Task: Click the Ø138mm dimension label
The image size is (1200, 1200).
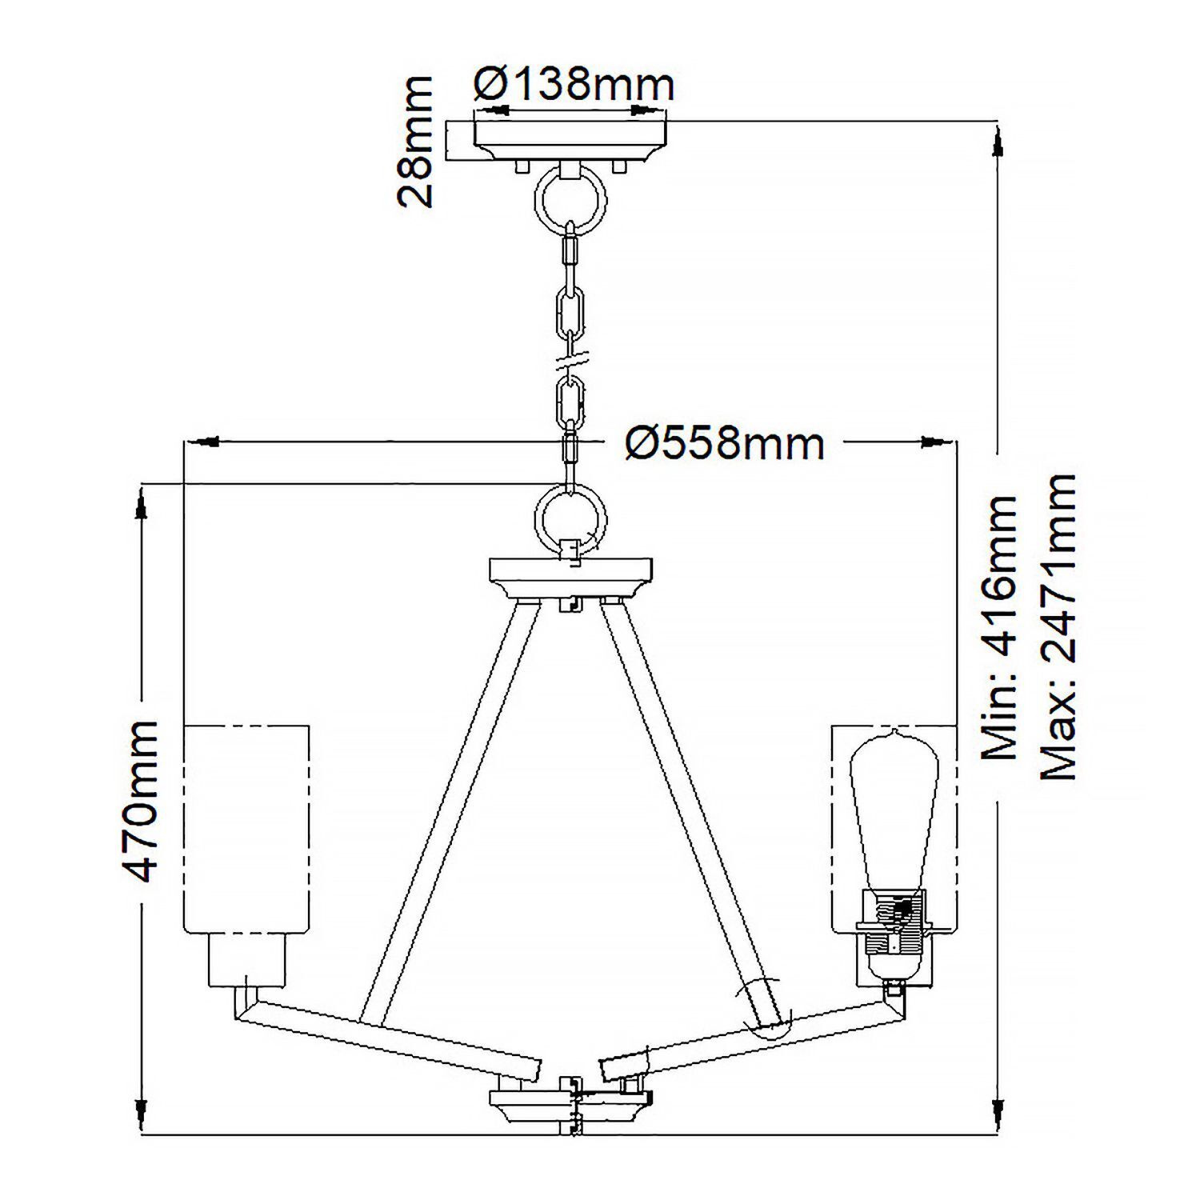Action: (574, 83)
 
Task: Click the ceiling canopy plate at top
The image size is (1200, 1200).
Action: (571, 140)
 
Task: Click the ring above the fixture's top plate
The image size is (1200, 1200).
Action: (569, 519)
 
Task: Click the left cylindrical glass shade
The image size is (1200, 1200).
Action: (246, 828)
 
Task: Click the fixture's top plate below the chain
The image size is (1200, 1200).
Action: (571, 572)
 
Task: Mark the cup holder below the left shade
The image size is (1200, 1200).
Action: (246, 960)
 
